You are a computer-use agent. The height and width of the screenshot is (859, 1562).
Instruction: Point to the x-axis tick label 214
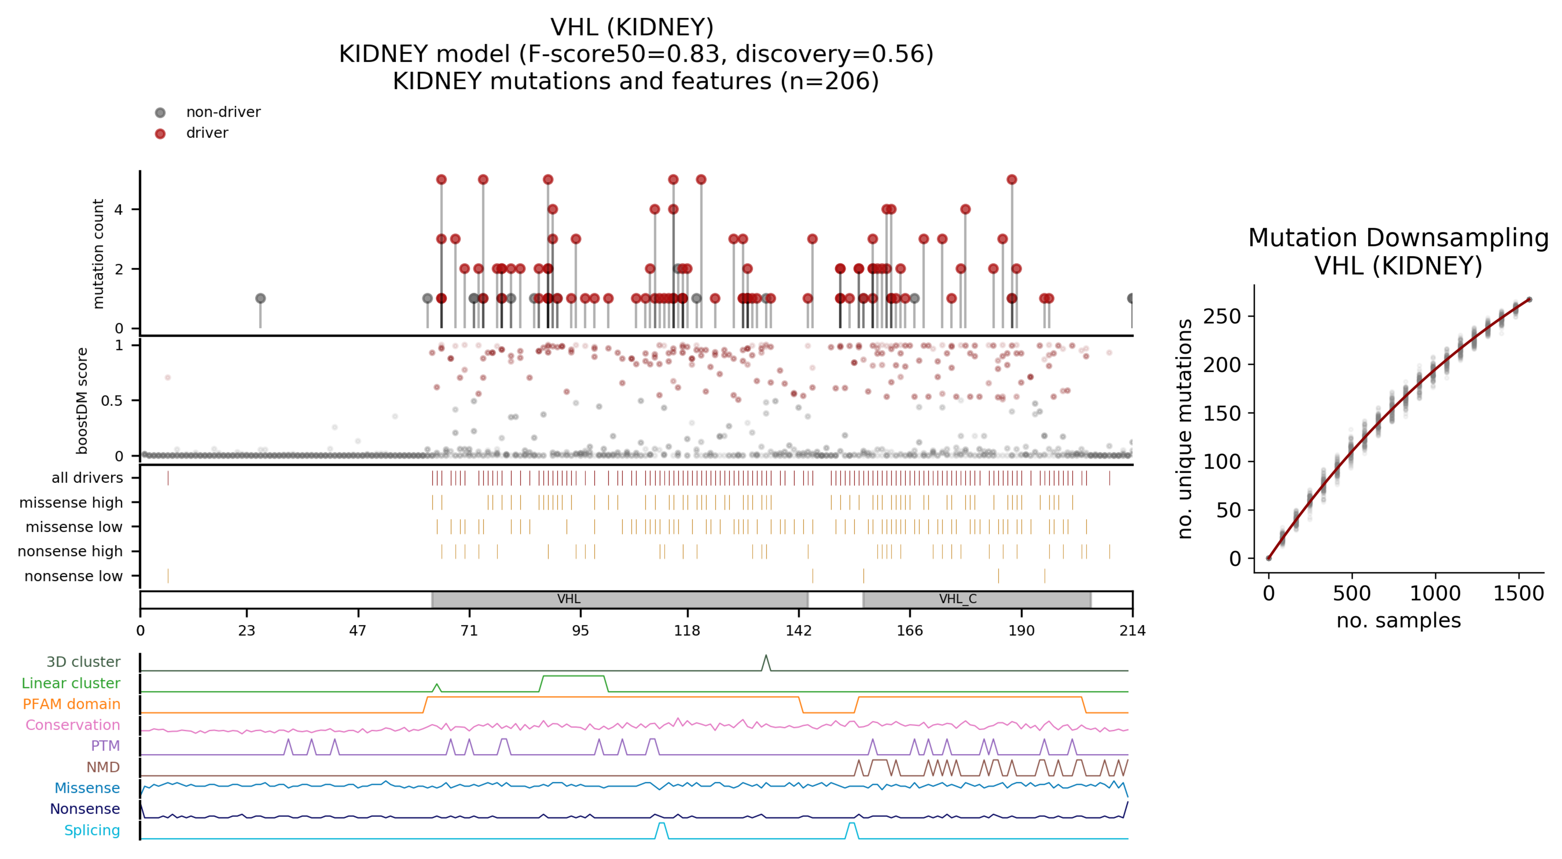pos(1132,631)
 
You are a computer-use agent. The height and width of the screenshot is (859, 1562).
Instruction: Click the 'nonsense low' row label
pos(73,576)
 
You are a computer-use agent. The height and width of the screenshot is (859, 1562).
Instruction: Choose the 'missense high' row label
pos(71,503)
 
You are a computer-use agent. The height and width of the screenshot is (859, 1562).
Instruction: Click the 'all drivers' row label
pos(87,478)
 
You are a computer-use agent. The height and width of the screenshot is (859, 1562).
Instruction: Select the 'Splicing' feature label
pos(92,831)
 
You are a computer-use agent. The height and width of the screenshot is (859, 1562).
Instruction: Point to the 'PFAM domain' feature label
pos(71,704)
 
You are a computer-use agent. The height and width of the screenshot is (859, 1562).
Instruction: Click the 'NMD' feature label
pos(103,767)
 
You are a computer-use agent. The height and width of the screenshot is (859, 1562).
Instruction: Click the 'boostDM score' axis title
pos(82,400)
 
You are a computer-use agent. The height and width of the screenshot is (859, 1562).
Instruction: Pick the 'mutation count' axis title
pos(98,254)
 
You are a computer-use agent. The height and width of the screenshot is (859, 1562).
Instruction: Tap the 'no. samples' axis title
pos(1398,621)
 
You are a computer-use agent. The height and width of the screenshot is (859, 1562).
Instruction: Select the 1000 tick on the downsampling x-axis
pos(1435,593)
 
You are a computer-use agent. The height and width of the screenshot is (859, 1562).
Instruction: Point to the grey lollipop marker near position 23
pos(260,298)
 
